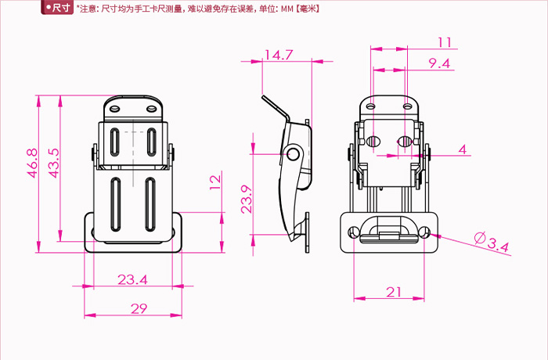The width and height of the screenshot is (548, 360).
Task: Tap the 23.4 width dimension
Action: point(132,279)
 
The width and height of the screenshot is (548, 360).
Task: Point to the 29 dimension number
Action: point(139,308)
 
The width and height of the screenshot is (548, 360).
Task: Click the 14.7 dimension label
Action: point(278,55)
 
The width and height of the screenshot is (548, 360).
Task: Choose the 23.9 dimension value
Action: point(246,199)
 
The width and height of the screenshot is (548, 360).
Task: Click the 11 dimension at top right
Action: point(445,42)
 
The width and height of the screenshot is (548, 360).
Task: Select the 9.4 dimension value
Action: point(439,64)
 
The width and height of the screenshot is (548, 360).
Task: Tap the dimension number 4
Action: point(462,149)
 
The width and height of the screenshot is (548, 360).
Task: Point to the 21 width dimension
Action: point(394,292)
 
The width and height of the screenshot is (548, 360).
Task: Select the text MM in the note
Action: point(286,9)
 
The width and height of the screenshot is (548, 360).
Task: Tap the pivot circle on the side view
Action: point(294,153)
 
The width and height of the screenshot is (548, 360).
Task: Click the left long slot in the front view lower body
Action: point(115,204)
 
